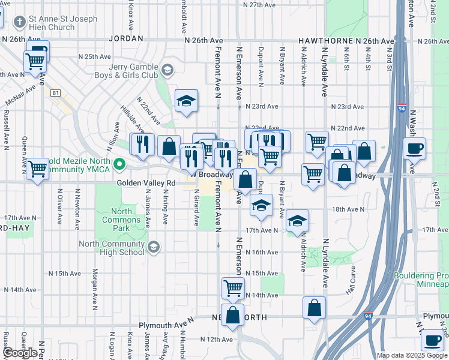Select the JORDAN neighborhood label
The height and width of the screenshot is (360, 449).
point(127,38)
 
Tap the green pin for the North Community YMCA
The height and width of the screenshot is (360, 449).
point(120,164)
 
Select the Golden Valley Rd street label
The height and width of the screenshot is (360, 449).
point(146,182)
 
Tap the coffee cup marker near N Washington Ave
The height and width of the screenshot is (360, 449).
point(415,148)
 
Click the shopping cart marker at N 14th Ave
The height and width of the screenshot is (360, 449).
point(233,287)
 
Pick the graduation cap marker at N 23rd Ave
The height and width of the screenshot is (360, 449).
point(187,100)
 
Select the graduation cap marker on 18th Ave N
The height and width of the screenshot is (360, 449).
point(261,205)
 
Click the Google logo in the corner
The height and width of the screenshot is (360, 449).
point(20,353)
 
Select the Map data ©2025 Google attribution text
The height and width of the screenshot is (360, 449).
point(411,355)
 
